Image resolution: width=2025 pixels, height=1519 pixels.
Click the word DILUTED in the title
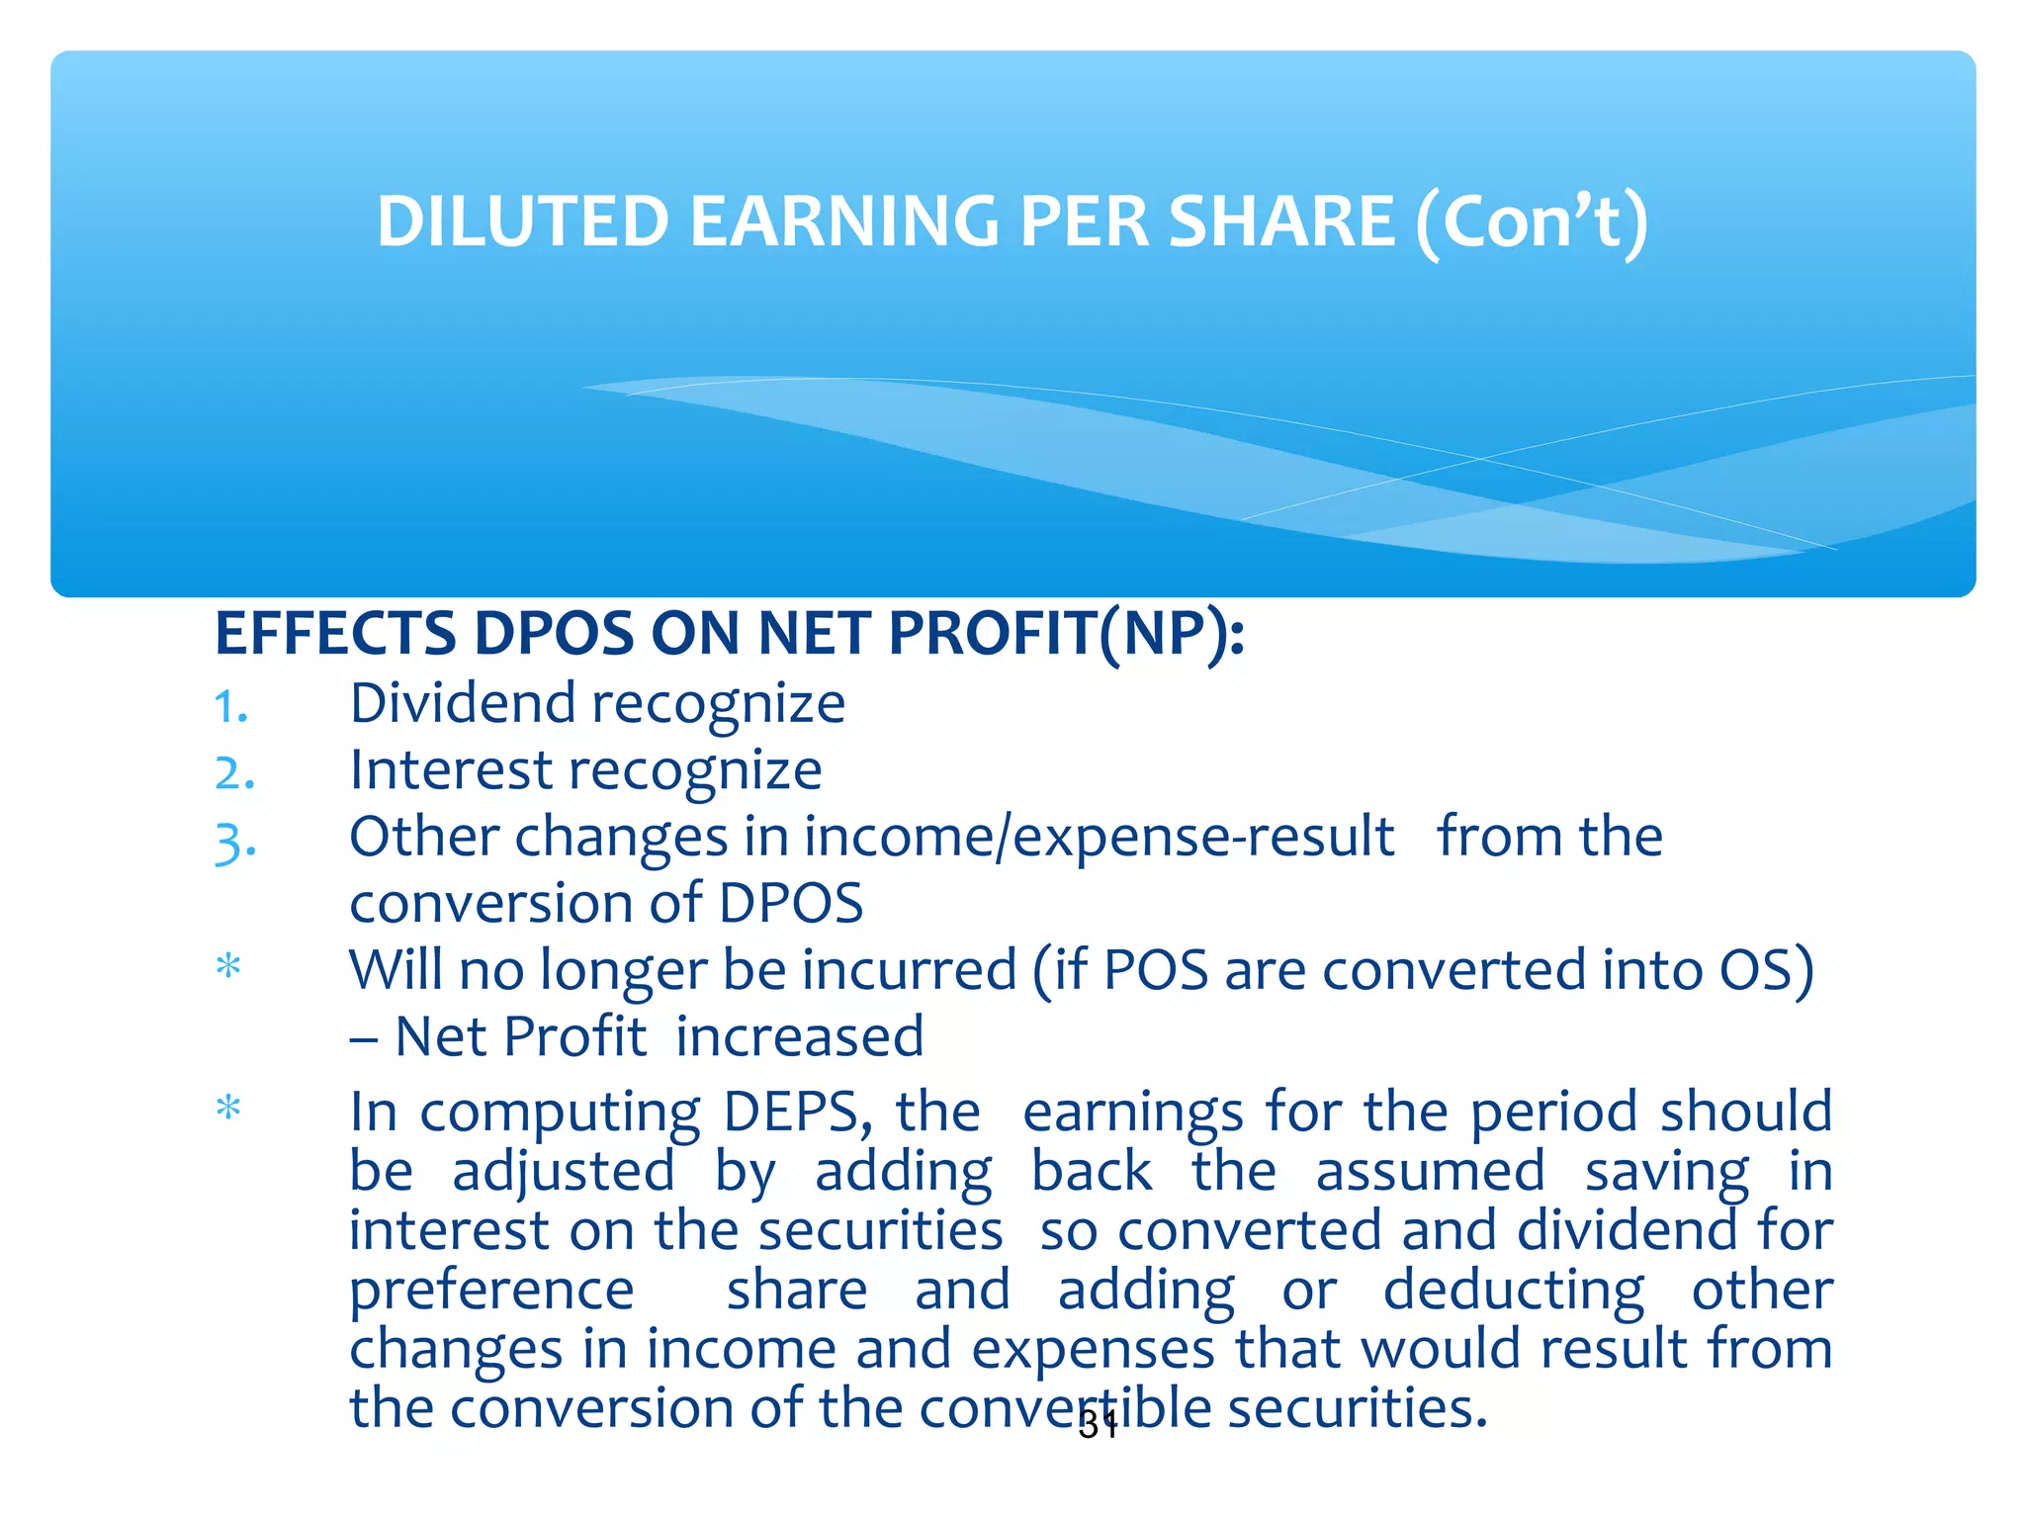523,221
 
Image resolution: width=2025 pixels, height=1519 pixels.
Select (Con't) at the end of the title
1532,223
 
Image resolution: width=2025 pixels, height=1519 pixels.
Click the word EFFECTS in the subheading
335,634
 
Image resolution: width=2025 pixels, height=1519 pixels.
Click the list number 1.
230,707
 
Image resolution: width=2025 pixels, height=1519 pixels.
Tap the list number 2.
234,773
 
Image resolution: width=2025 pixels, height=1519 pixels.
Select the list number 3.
235,843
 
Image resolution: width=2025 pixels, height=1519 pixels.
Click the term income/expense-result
1099,838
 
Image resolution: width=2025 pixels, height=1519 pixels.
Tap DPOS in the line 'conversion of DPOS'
791,903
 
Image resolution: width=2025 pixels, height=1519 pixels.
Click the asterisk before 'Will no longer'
228,965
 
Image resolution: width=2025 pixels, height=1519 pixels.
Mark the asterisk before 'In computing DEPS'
228,1108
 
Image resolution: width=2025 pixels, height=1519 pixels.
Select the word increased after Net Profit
800,1036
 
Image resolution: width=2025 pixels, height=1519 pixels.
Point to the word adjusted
564,1173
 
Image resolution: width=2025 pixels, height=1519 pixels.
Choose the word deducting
1513,1291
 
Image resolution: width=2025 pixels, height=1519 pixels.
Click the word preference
491,1292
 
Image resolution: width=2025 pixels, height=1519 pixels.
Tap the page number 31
1098,1425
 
